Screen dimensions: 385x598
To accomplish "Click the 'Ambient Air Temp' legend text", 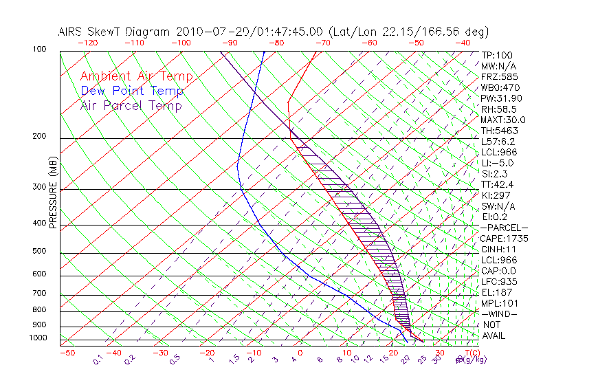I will click(136, 77).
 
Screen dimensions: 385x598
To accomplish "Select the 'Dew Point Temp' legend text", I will click(131, 91).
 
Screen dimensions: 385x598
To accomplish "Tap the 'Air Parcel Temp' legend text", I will click(131, 106).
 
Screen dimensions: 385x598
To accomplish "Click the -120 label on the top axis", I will click(87, 43).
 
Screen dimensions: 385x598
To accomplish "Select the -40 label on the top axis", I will click(463, 43).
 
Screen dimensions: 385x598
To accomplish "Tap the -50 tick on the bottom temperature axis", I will click(67, 353).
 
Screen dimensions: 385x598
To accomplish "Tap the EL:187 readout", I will click(496, 292).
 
